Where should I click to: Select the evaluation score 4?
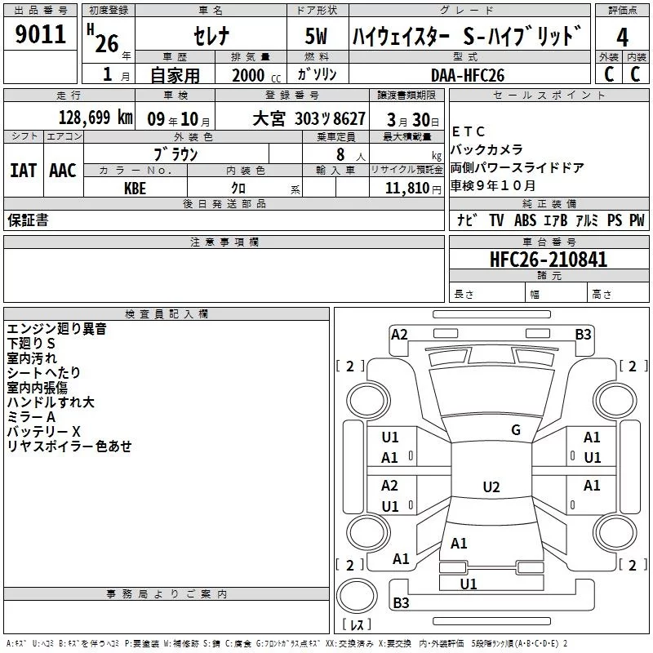[622, 38]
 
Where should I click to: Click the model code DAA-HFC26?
[468, 74]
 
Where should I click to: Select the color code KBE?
[135, 188]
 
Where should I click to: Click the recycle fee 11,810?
[417, 188]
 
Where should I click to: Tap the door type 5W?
[318, 38]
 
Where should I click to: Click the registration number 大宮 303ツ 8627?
[308, 118]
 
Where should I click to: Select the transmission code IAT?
[24, 170]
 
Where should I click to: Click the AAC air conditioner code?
[63, 170]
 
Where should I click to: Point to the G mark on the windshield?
[515, 430]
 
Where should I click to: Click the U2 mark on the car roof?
[491, 487]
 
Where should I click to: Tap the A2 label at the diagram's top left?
[399, 334]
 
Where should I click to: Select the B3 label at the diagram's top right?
[583, 334]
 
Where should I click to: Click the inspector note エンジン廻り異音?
[56, 329]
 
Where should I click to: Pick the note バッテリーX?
[44, 431]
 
